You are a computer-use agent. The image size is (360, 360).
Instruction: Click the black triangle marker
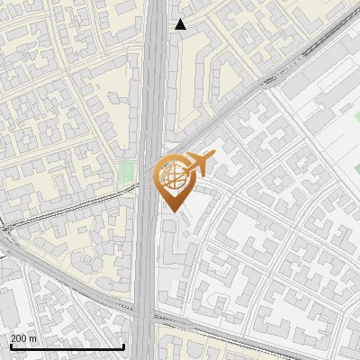click(x=181, y=24)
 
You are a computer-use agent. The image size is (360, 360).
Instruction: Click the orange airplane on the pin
click(x=200, y=164)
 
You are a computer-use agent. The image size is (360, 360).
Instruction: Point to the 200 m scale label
click(x=23, y=338)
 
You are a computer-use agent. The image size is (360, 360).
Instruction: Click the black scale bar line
click(x=67, y=346)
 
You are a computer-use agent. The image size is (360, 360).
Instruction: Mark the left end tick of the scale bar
click(x=10, y=345)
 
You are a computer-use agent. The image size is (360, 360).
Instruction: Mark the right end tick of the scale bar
click(x=123, y=345)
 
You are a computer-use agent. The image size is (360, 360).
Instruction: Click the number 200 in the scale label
click(x=19, y=338)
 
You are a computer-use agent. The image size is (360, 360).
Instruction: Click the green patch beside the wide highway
click(x=127, y=173)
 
